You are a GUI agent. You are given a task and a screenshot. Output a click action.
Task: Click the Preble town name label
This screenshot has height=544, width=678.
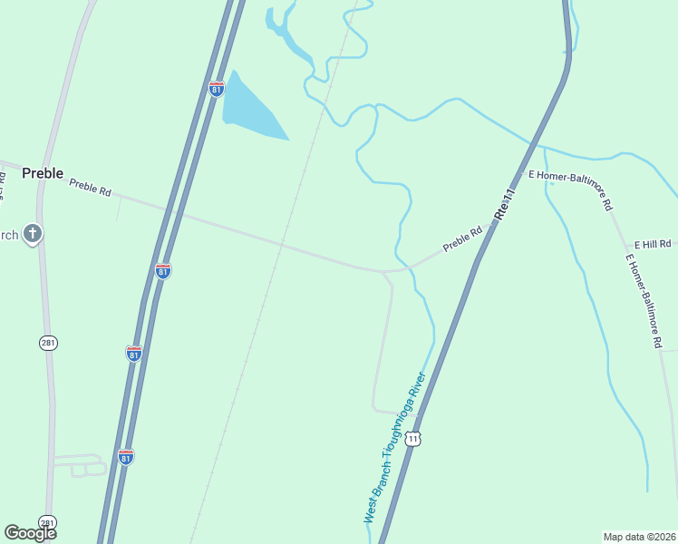[x=43, y=173]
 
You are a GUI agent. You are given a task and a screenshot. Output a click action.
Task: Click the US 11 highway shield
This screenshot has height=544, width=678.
[x=413, y=439]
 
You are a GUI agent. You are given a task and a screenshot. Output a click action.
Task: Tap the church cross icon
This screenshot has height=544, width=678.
[x=33, y=235]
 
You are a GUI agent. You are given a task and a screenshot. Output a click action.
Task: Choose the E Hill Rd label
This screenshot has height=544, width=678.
[x=653, y=245]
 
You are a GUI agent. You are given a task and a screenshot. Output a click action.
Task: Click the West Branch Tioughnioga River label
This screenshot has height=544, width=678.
[x=394, y=449]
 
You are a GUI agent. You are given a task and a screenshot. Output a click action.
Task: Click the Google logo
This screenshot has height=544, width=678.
[x=30, y=533]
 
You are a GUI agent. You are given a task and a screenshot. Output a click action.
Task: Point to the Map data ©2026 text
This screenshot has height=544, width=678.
[x=640, y=536]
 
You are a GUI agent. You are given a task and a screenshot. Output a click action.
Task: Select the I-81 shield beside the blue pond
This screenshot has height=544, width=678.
[x=216, y=89]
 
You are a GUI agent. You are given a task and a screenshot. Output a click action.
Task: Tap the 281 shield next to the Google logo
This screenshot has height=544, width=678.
[x=47, y=523]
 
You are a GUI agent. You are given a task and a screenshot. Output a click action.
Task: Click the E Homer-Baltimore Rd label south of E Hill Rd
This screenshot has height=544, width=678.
[x=644, y=301]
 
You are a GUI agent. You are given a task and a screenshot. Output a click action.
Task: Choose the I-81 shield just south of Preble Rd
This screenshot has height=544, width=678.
[x=163, y=271]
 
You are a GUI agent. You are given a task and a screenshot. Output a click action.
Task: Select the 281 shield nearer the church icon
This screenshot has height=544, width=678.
[x=48, y=342]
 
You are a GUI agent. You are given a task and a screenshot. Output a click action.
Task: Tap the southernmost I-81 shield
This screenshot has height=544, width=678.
[x=125, y=456]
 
